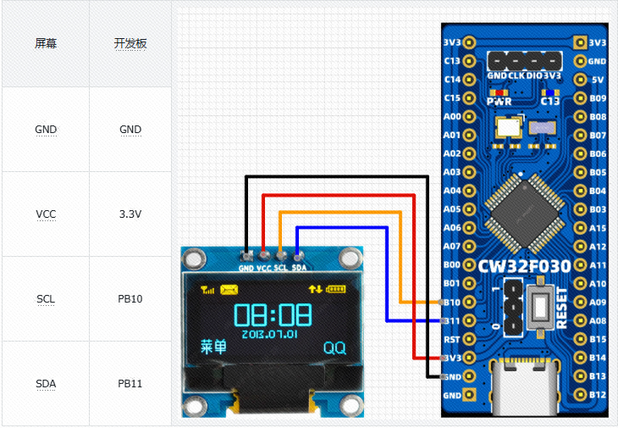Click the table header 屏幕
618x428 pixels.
point(46,44)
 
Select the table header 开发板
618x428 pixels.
point(130,44)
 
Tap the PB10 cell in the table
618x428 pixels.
point(130,299)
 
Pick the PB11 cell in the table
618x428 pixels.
point(130,384)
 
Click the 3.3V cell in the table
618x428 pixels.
point(130,214)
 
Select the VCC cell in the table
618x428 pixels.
point(46,214)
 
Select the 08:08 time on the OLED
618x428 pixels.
point(273,314)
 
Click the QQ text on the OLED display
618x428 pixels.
point(334,347)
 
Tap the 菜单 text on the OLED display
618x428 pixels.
point(213,347)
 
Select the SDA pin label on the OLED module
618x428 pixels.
point(299,269)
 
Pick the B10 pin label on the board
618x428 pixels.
point(452,303)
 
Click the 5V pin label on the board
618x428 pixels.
point(598,80)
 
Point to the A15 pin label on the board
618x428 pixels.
point(598,228)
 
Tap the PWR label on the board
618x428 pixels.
point(499,101)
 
